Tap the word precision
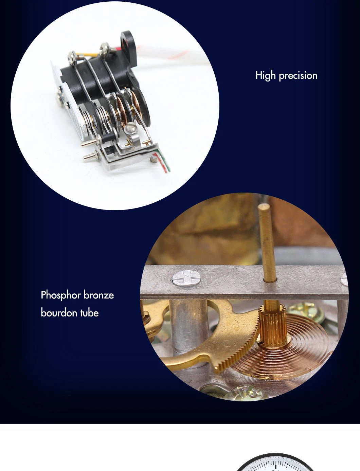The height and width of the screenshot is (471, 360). [x=298, y=76]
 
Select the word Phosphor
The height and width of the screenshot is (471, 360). [x=61, y=295]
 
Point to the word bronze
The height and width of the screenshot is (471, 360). [x=99, y=295]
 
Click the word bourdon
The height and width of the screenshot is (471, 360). [x=59, y=313]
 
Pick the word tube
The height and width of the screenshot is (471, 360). [x=89, y=313]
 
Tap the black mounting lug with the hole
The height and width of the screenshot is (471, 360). [x=129, y=41]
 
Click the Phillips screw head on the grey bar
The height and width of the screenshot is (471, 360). [x=186, y=278]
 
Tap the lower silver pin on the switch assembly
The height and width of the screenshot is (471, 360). [x=91, y=156]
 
